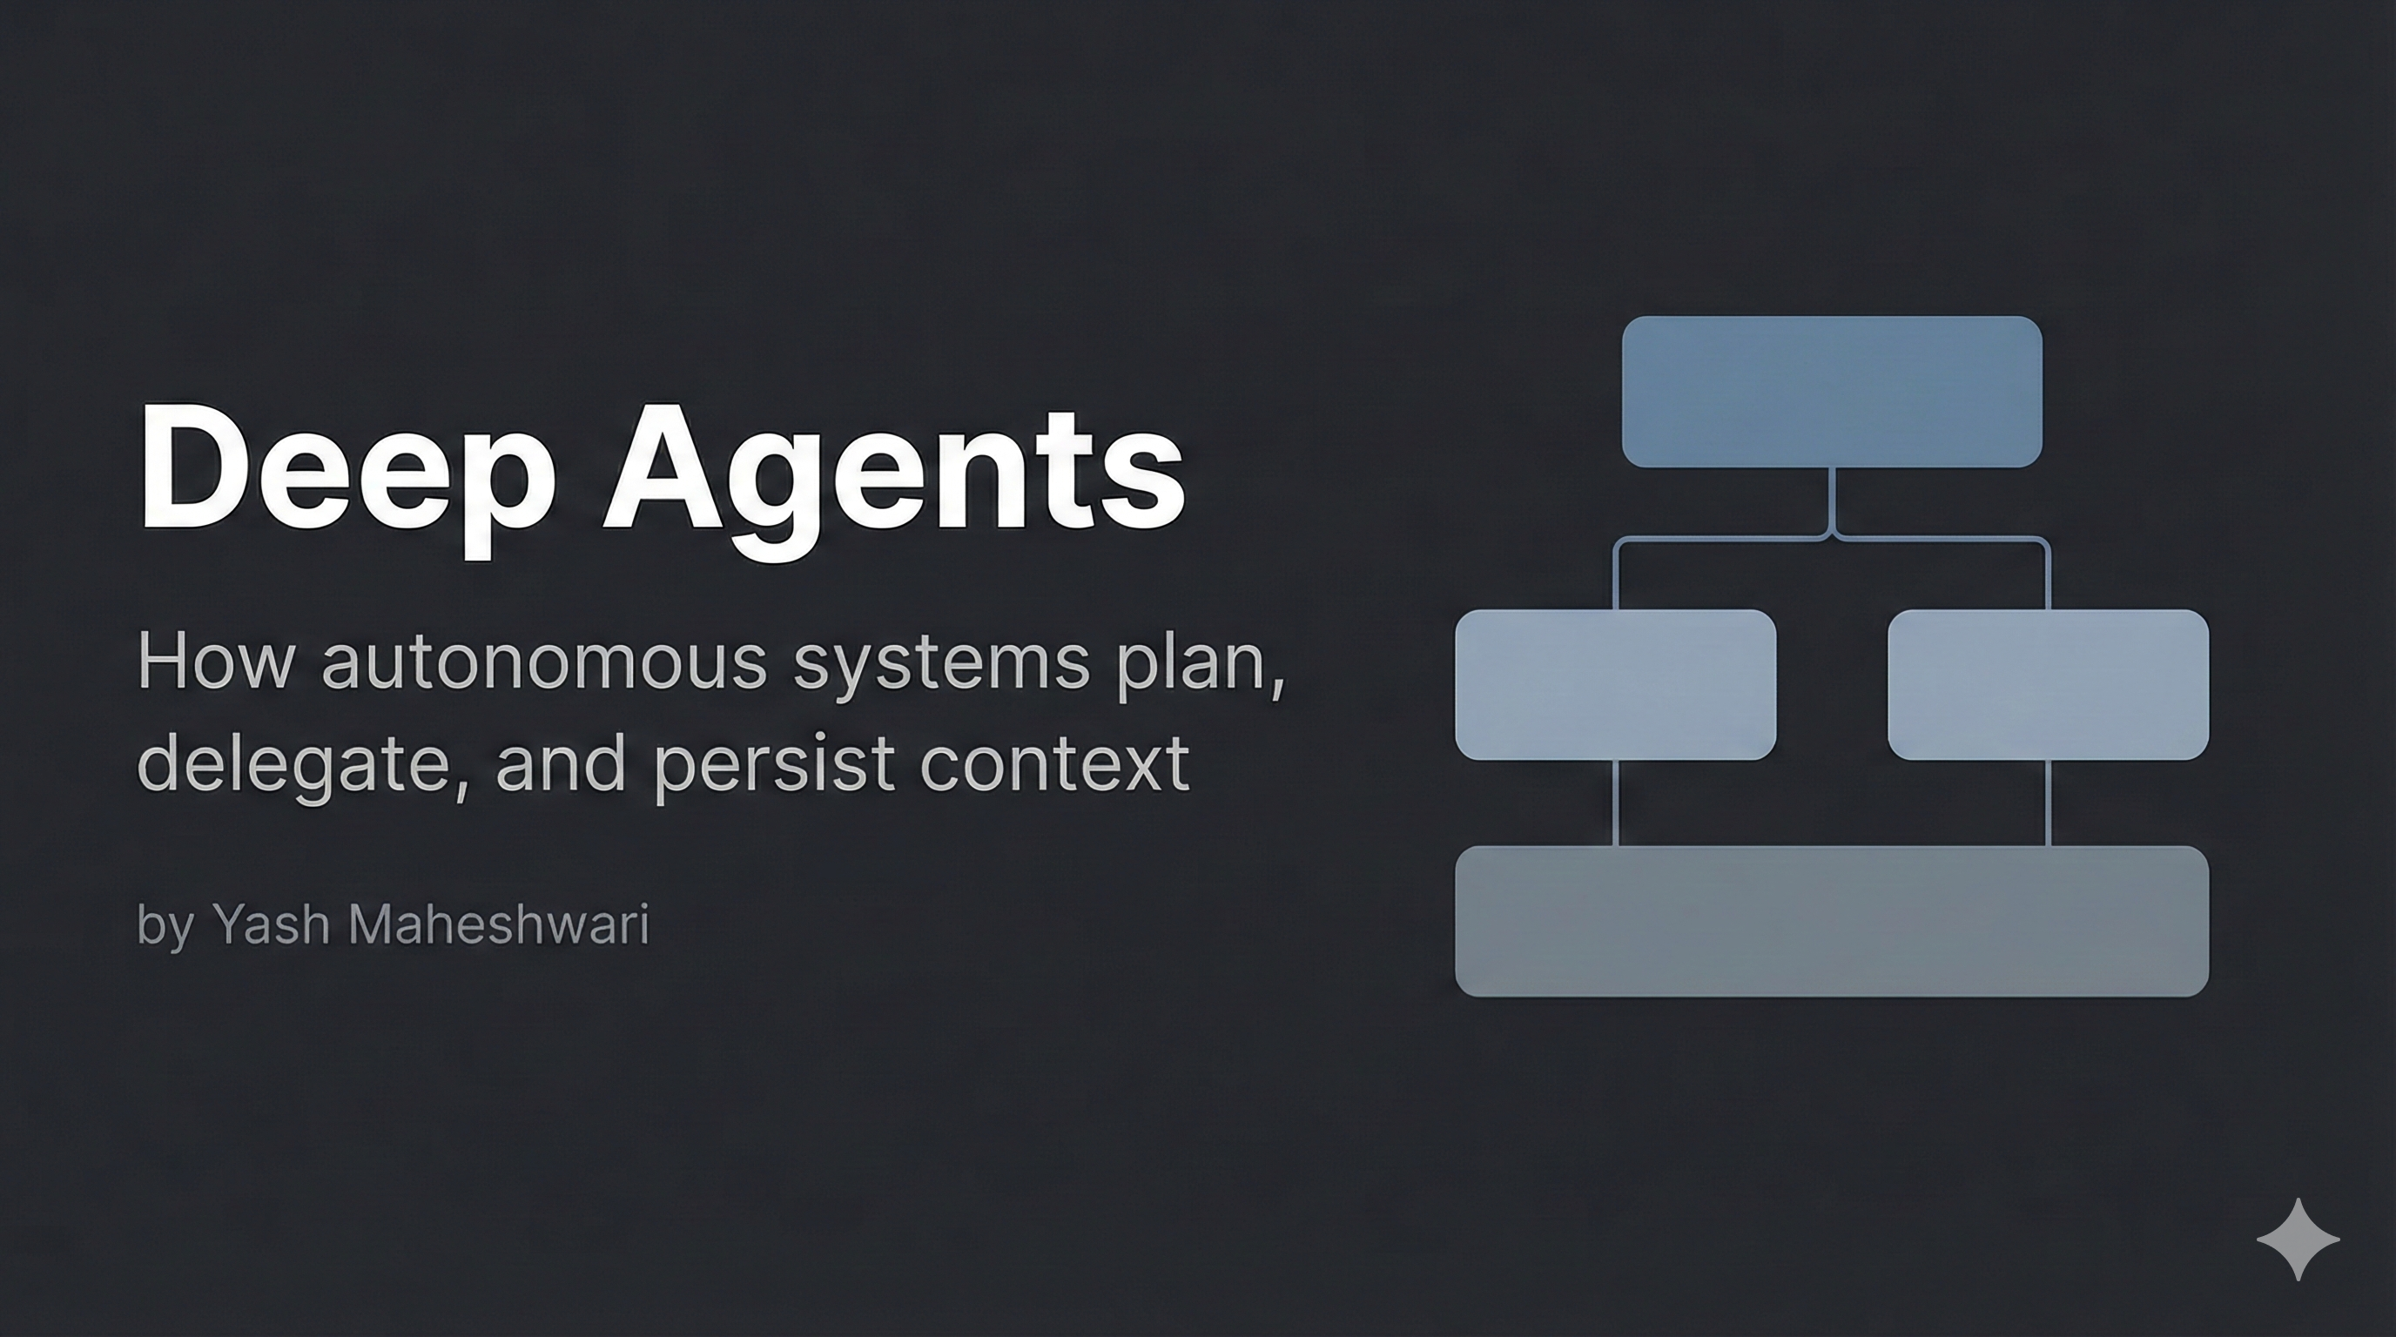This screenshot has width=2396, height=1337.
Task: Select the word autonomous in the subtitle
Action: coord(544,662)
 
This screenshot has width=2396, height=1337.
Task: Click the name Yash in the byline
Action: coord(270,924)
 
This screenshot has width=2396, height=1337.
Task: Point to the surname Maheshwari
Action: coord(498,924)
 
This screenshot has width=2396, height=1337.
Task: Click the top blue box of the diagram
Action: coord(1832,392)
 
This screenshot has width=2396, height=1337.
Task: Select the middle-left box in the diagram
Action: coord(1615,684)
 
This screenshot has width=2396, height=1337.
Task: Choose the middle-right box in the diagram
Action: coord(2047,684)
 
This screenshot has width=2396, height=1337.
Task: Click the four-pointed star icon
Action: coord(2298,1240)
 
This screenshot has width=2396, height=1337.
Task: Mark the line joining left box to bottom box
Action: coord(1615,803)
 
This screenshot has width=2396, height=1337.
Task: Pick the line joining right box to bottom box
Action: coord(2047,803)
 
